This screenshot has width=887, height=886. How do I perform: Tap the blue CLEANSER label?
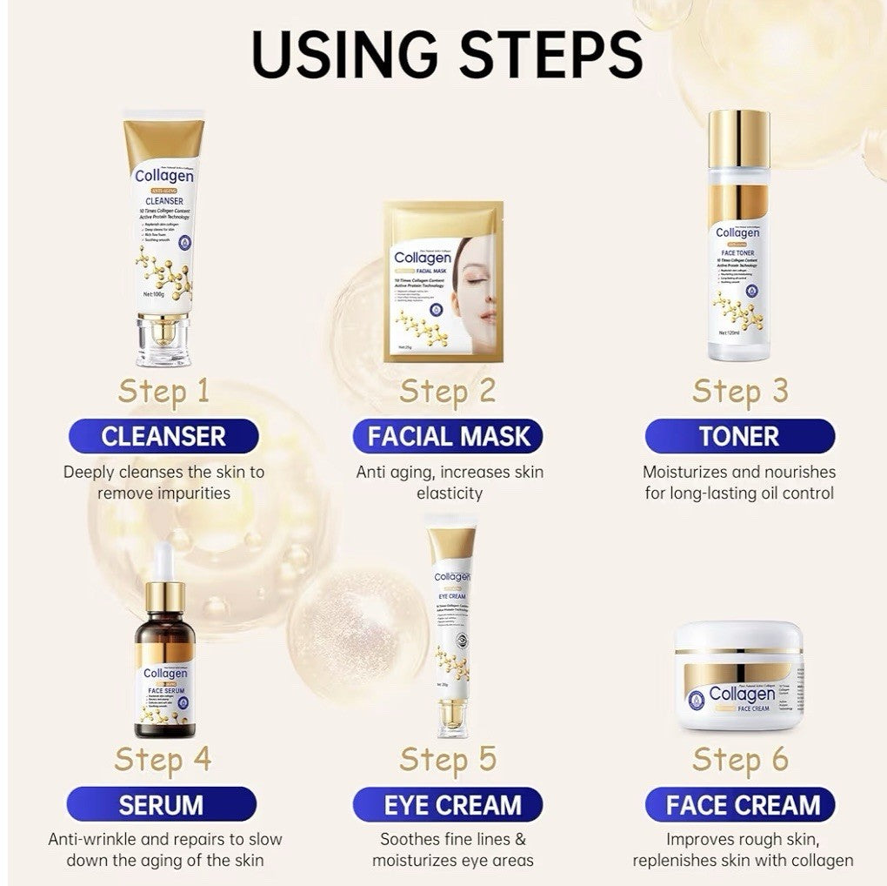coord(163,436)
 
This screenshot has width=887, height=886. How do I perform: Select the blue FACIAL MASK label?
coord(448,436)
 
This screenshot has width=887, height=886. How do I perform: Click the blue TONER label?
coord(739,436)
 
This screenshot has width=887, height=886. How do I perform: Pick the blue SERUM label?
coord(162,804)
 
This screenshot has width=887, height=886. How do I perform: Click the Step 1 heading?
coord(163,391)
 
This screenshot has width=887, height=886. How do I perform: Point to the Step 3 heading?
coord(739,391)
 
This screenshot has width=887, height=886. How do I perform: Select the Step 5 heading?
coord(448,759)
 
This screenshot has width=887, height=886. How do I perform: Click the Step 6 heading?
coord(739,759)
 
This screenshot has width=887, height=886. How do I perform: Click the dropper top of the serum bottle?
coord(164,574)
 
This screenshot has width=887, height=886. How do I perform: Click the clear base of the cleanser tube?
coord(163,341)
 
